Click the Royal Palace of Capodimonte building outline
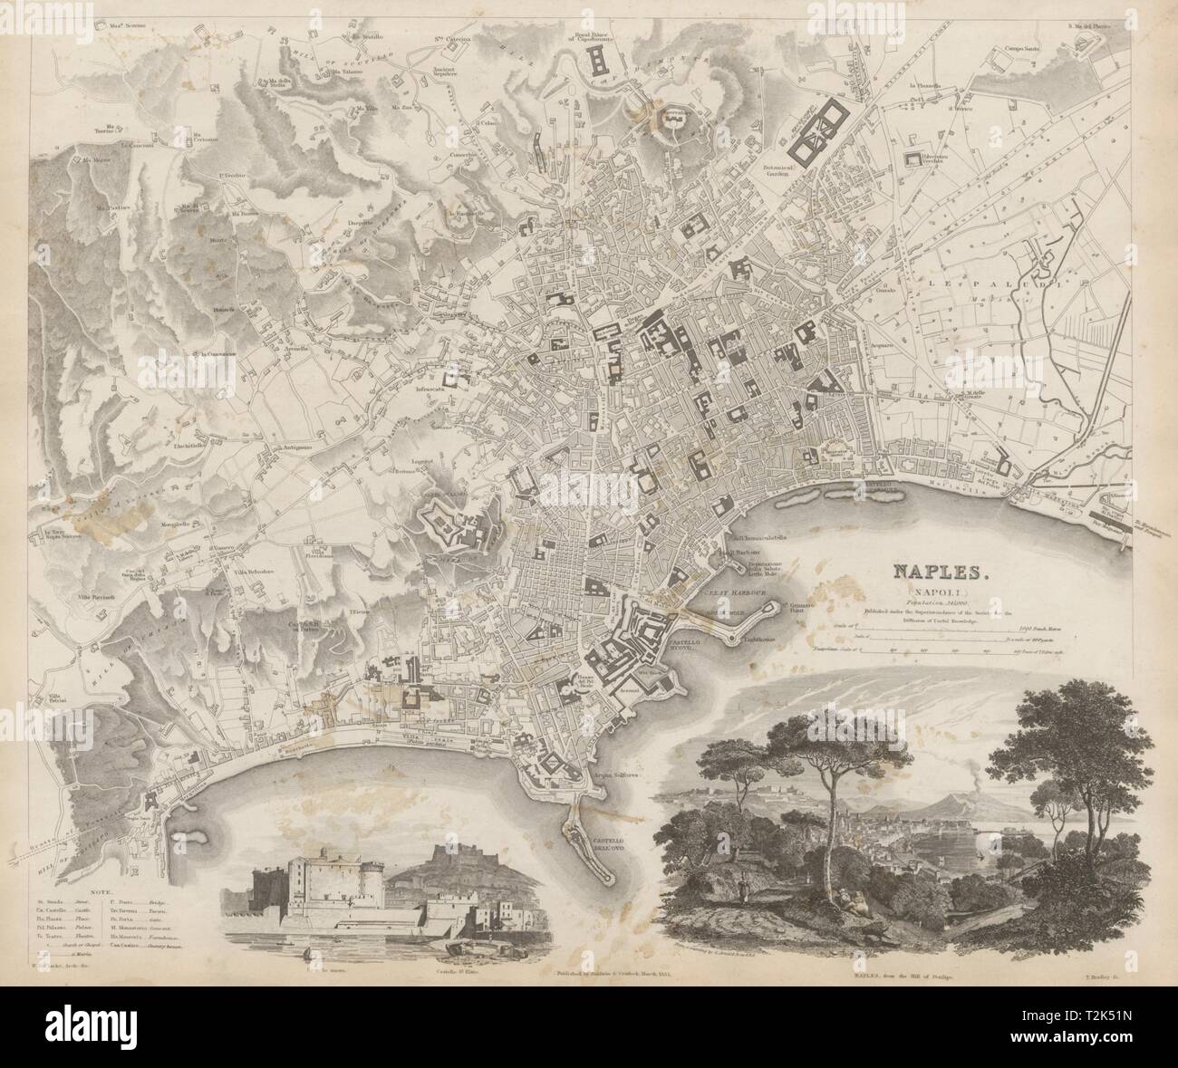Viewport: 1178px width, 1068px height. coord(601,62)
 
